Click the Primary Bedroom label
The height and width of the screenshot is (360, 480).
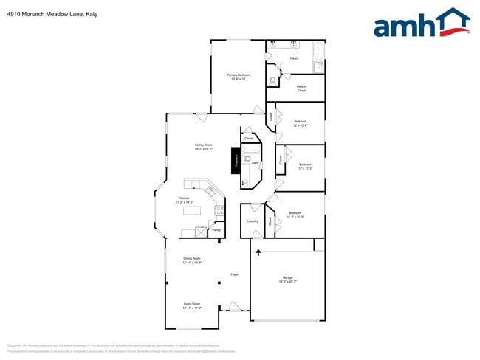point(238,77)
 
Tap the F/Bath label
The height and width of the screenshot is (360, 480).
point(294,58)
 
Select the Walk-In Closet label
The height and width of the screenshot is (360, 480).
point(301,89)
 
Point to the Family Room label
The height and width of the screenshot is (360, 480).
point(203,147)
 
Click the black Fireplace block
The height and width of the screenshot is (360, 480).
point(236,162)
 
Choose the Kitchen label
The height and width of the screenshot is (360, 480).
point(184,200)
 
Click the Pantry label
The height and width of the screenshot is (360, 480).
point(216,230)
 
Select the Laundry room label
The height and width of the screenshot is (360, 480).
point(252,221)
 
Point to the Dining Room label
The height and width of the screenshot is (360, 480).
point(193,260)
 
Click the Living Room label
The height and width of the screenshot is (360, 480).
point(193,305)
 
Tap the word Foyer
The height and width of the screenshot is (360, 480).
point(234,274)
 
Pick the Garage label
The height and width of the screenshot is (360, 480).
point(287,280)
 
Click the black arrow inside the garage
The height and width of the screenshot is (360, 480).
point(258,253)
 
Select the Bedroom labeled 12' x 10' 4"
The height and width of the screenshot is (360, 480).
point(301,123)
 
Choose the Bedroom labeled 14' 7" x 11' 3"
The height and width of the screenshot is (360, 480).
point(295,215)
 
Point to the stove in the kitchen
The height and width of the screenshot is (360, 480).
point(219,210)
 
